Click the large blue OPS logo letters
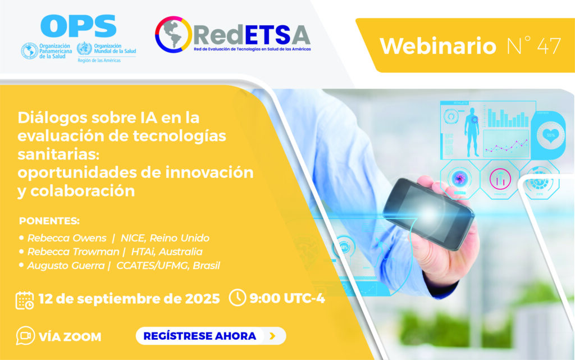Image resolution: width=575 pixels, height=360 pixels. (79, 26)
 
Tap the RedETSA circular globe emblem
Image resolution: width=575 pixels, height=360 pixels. (173, 34)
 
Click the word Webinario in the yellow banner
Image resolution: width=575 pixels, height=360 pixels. (438, 47)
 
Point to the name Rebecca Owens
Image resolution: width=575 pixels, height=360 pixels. (67, 238)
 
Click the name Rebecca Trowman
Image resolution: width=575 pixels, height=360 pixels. (74, 252)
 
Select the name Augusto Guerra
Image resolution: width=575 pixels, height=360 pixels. (66, 266)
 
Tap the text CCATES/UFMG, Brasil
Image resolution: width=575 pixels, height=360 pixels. (168, 266)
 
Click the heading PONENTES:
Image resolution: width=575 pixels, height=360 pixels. (49, 221)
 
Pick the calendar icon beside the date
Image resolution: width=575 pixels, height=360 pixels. (25, 300)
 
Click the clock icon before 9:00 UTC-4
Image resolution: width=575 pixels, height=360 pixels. (238, 298)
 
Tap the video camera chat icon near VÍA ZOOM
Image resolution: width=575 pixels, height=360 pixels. (25, 336)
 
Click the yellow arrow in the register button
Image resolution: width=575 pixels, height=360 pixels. (272, 336)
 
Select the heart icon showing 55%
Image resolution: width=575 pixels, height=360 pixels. (550, 135)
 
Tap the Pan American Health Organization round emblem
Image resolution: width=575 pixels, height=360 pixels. (30, 51)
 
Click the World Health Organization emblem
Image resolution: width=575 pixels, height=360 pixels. (84, 49)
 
